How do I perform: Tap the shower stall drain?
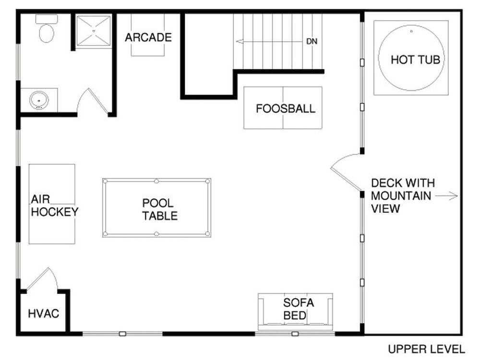(94, 31)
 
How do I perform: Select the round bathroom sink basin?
(39, 100)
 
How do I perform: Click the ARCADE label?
(148, 37)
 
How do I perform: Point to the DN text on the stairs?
(312, 41)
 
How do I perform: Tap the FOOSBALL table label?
(286, 108)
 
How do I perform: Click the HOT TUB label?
(415, 60)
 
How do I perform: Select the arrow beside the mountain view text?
(446, 196)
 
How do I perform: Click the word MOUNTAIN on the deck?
(401, 196)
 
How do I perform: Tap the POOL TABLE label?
(159, 209)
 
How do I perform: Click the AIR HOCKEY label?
(55, 205)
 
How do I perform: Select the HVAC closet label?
(44, 313)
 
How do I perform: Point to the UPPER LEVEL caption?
(426, 349)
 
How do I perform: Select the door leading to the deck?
(346, 171)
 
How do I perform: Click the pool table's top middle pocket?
(156, 181)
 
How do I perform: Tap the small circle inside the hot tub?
(411, 31)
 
